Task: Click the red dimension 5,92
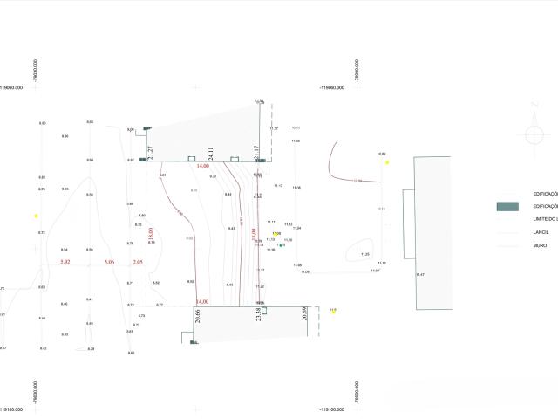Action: [65, 262]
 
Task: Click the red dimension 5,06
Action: [109, 262]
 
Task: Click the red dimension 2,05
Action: [137, 262]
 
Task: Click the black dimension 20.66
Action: [198, 316]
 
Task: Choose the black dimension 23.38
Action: [258, 315]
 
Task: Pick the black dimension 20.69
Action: [304, 315]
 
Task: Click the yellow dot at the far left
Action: [36, 216]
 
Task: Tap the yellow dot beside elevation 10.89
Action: [387, 161]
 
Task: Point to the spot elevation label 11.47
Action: [419, 276]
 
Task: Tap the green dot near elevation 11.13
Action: [280, 245]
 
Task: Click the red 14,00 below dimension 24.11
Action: [203, 165]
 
